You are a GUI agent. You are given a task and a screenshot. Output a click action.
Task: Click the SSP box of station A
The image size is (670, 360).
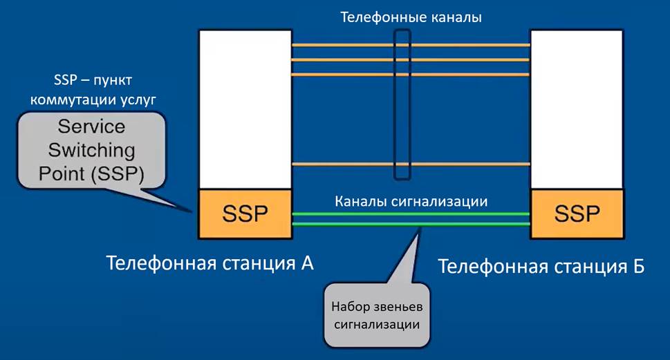pos(244,214)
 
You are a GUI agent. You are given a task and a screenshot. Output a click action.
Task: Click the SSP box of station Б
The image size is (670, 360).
pos(576,214)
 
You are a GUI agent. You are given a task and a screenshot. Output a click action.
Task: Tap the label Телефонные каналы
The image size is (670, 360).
pos(411,17)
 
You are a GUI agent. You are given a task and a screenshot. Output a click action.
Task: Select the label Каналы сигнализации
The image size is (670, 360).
pos(411,202)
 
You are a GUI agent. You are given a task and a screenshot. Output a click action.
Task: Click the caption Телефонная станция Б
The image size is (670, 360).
pos(541,266)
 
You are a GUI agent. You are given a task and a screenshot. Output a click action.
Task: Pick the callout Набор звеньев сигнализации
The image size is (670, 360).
pos(377,314)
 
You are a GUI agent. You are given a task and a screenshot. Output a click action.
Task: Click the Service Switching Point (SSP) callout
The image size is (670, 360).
pos(92,151)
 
